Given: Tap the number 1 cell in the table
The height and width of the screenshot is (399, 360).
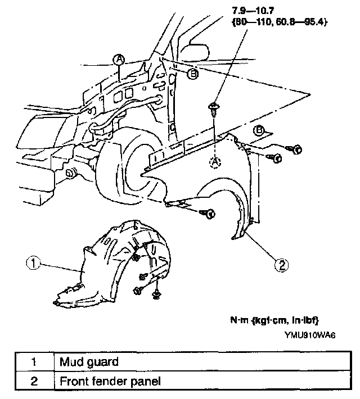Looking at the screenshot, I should [34, 361].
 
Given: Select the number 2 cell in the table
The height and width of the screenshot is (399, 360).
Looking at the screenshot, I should [34, 382].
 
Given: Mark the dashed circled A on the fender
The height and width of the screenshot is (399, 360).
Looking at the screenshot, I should [214, 161].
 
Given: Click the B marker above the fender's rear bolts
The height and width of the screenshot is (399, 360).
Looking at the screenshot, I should [260, 131].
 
